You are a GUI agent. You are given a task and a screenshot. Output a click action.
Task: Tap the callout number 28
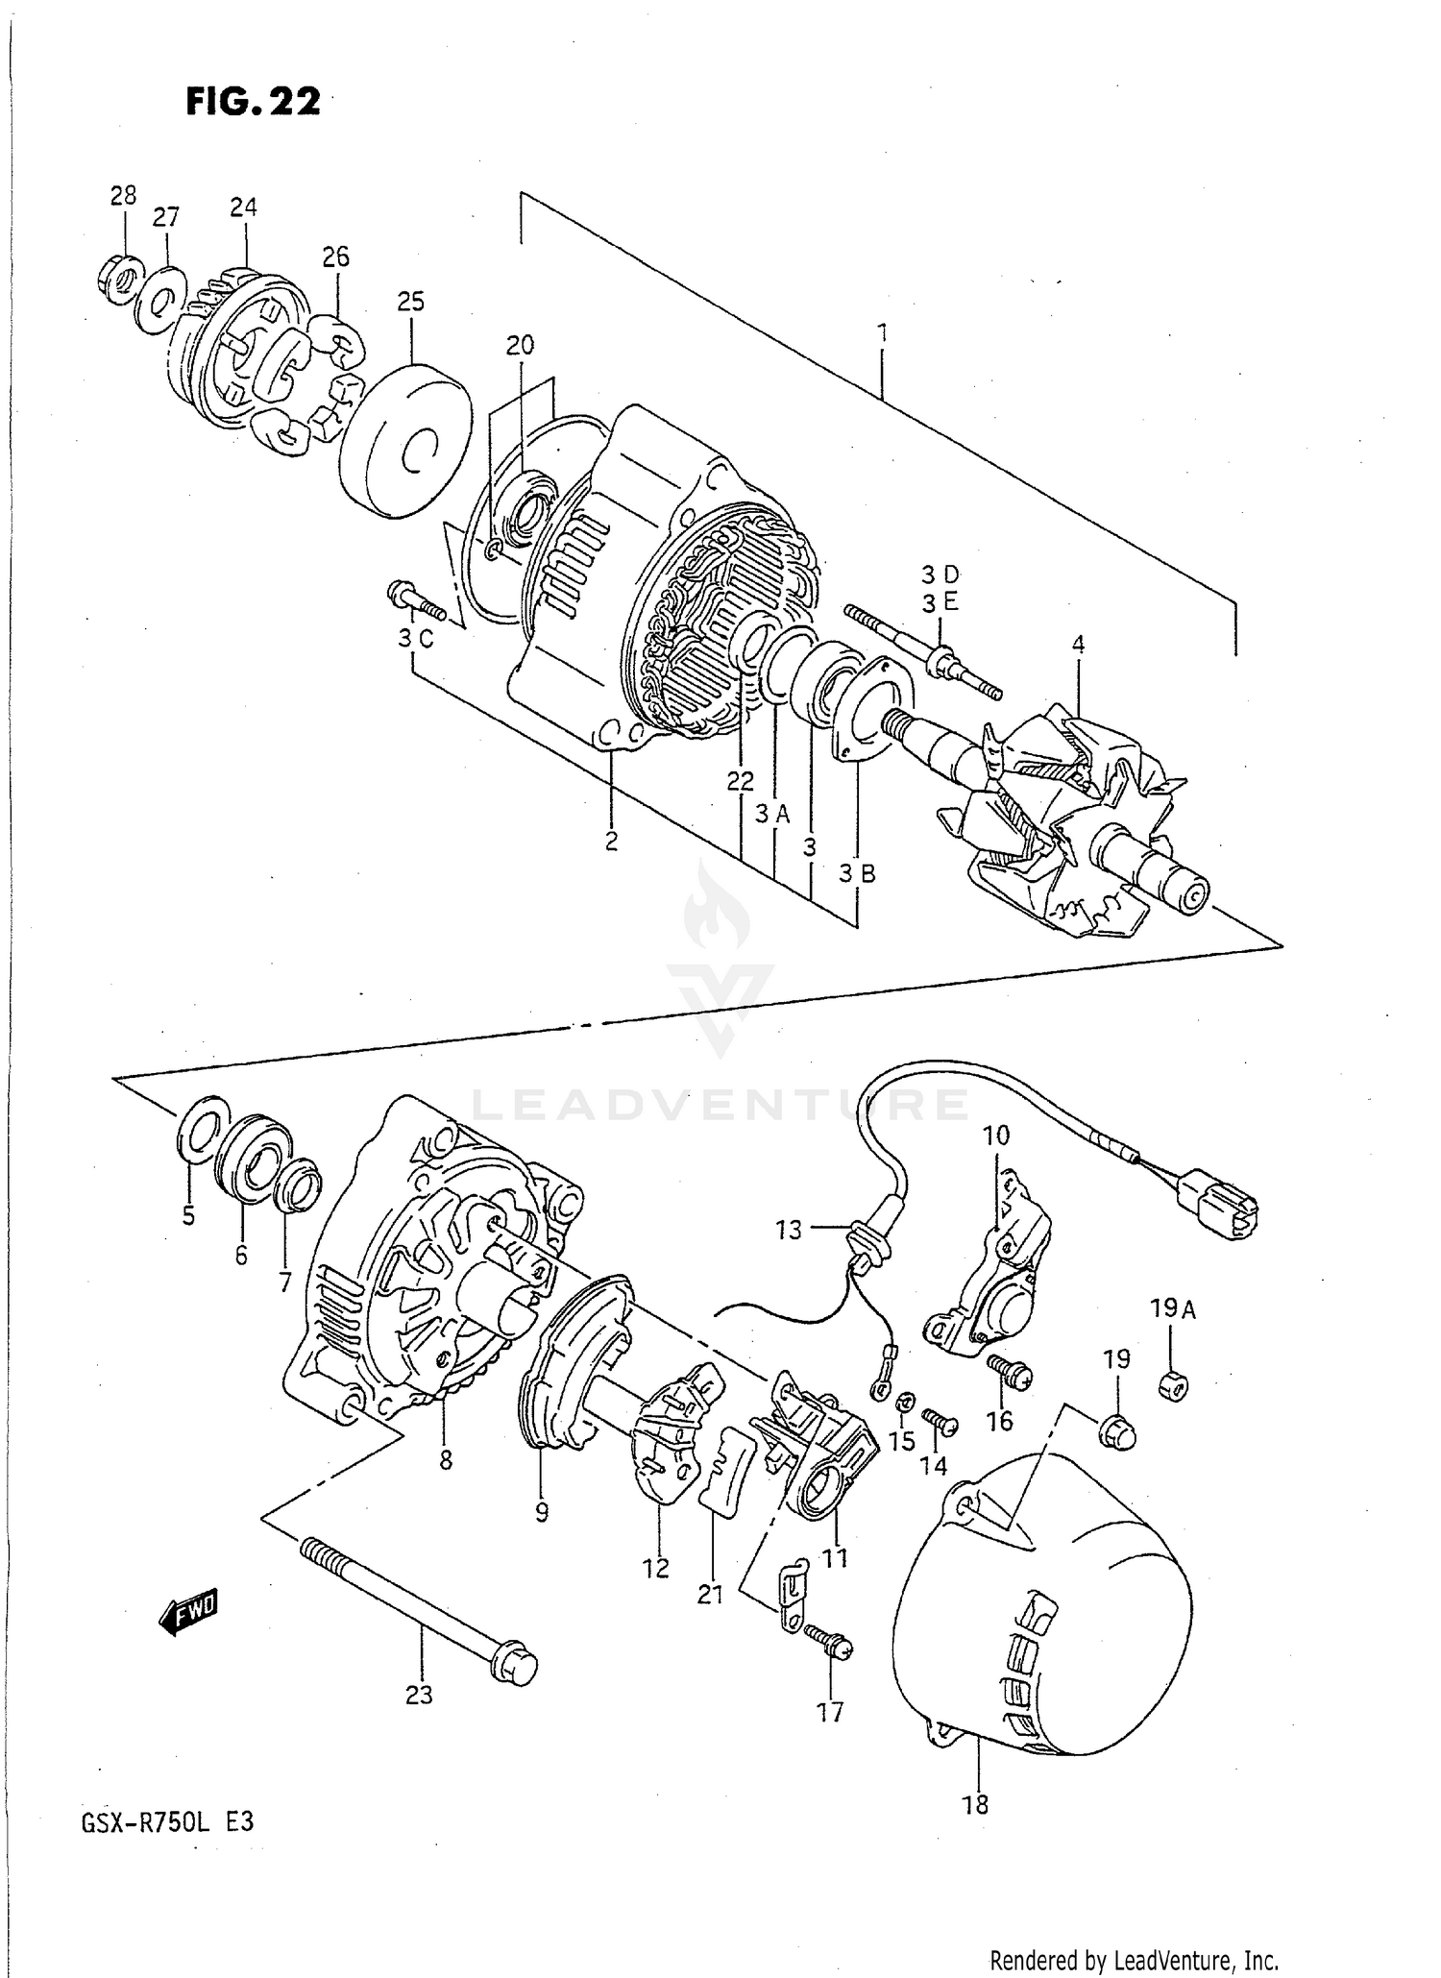123,196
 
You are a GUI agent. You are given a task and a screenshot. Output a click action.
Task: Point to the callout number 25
410,302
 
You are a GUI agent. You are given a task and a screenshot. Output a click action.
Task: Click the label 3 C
416,638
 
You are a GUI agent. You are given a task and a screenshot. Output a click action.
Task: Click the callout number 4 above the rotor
1078,645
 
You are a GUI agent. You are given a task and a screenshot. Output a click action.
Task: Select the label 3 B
857,873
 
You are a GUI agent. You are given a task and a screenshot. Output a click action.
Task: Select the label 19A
1172,1308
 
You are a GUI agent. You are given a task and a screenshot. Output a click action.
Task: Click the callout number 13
788,1230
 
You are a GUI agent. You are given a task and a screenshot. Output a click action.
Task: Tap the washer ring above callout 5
203,1136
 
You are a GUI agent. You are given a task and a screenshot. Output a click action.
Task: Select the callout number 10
996,1136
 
